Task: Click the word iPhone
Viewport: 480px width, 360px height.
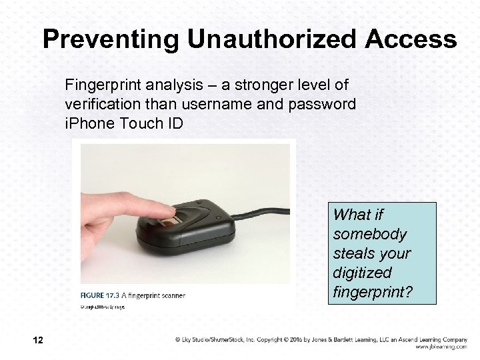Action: pyautogui.click(x=86, y=125)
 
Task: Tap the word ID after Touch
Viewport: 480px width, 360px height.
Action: pyautogui.click(x=167, y=125)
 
